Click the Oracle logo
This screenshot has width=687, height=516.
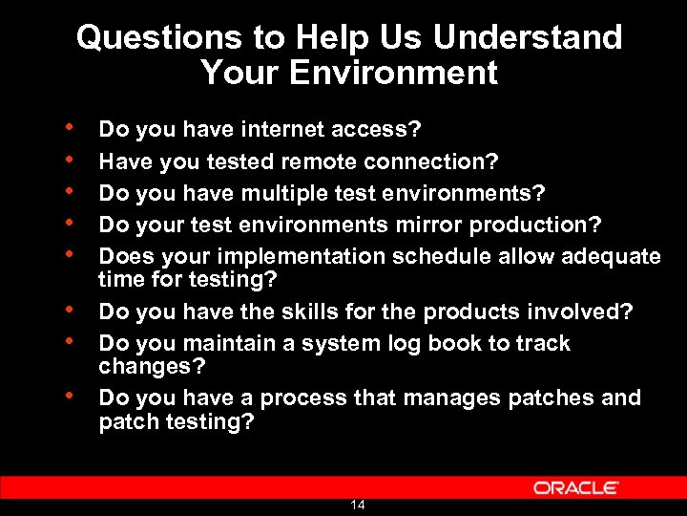[575, 487]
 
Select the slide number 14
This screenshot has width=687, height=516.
[358, 505]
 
